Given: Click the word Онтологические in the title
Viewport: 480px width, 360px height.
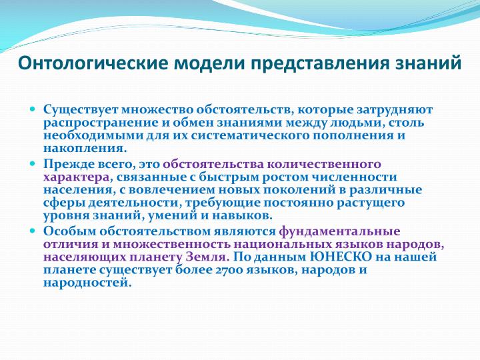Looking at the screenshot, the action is [x=93, y=63].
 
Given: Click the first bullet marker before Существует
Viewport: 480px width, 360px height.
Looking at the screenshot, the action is [x=33, y=109].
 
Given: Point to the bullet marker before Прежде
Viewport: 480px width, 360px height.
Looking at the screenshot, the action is [x=33, y=163].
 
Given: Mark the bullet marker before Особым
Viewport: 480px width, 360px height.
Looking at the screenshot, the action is [x=33, y=231].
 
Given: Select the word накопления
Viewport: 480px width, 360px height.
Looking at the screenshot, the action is [x=85, y=149].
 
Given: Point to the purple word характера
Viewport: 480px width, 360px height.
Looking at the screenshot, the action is [x=76, y=177].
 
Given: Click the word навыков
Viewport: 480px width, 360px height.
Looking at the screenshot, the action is [x=241, y=215].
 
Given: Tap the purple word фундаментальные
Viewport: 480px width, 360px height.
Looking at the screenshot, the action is [x=339, y=232].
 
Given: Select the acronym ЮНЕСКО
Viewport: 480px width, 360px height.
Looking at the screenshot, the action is [x=341, y=257].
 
